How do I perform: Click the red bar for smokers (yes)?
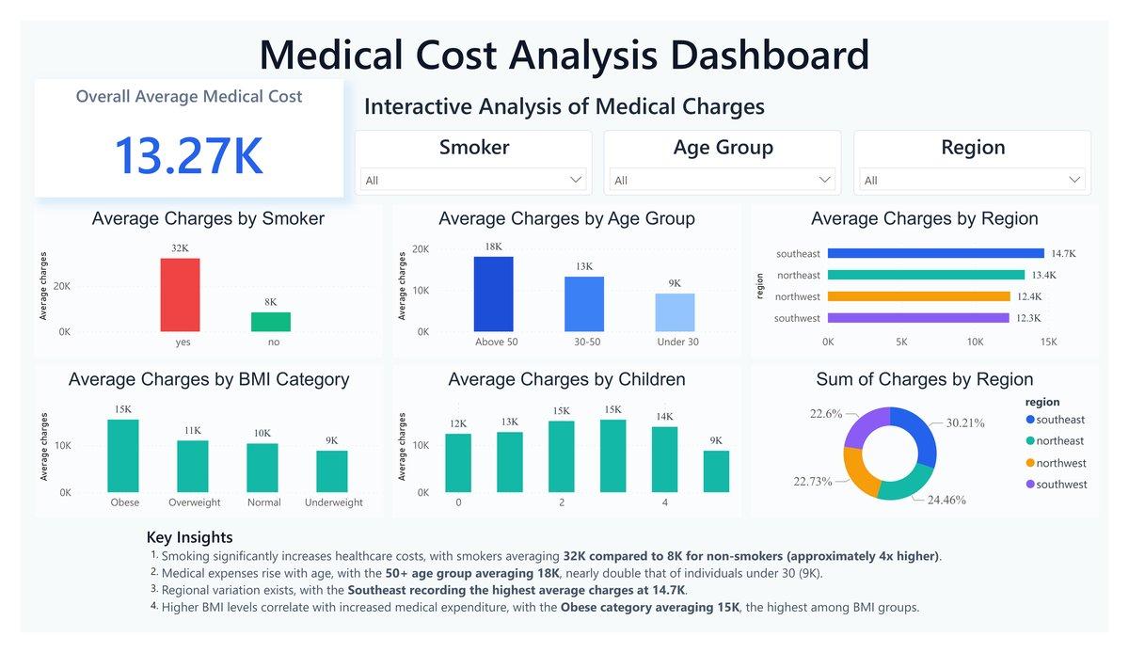coord(180,295)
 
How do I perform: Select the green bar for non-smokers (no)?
coord(271,322)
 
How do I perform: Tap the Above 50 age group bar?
coord(493,294)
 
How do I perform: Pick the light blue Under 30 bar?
coord(675,312)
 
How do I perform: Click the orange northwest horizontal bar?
coord(919,296)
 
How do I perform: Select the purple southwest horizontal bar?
coord(918,318)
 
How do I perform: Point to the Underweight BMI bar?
coord(331,471)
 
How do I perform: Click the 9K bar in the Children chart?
coord(716,471)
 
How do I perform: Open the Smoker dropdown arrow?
coord(576,180)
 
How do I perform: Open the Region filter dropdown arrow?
coord(1074,180)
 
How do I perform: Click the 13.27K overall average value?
coord(189,155)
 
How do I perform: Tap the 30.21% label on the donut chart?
coord(965,422)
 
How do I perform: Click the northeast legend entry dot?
coord(1030,440)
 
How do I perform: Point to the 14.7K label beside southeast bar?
coord(1063,254)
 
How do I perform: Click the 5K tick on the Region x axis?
coord(901,342)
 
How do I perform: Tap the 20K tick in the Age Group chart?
coord(421,248)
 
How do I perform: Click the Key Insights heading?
coord(189,537)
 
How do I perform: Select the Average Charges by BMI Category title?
coord(209,379)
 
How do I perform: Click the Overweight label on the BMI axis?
coord(194,502)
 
